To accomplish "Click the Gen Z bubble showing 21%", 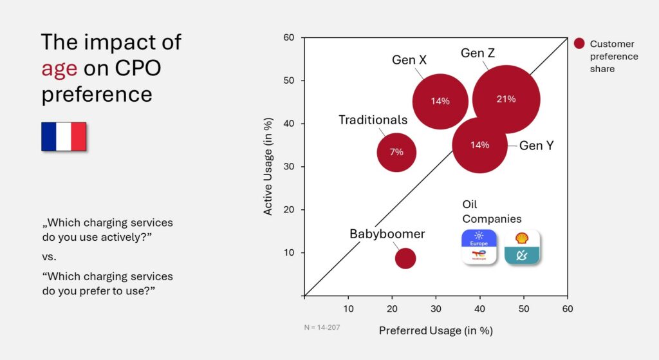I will click(506, 99).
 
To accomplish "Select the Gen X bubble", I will click(440, 101).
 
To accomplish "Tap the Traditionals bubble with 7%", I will click(396, 152).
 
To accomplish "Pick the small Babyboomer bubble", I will click(405, 258).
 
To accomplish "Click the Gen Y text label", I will click(536, 146).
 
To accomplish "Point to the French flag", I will click(64, 137).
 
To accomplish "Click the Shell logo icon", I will click(522, 238).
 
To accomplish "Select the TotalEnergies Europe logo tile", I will click(479, 247).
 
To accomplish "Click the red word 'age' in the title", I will click(59, 68).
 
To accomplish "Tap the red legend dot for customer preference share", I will click(579, 44).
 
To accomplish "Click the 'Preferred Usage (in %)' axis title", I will click(435, 330).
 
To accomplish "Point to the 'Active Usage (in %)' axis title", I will click(268, 166).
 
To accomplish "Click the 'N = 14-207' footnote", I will click(322, 327).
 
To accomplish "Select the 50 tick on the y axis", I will click(289, 81).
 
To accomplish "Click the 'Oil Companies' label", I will click(492, 212).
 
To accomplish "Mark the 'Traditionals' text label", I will click(373, 120).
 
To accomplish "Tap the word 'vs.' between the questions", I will click(49, 257).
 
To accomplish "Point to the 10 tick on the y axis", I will click(289, 252).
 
